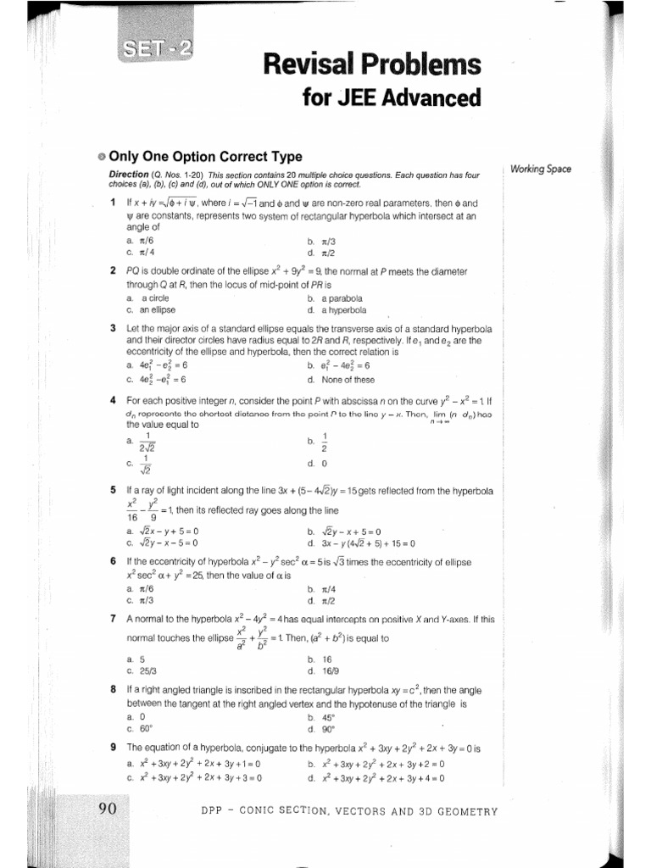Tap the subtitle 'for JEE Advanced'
[x=391, y=98]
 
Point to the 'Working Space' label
[x=542, y=169]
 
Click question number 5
[x=113, y=490]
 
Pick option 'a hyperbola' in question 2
[x=341, y=310]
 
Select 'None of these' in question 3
[x=348, y=379]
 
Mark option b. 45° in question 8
[x=320, y=717]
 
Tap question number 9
[x=113, y=748]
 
